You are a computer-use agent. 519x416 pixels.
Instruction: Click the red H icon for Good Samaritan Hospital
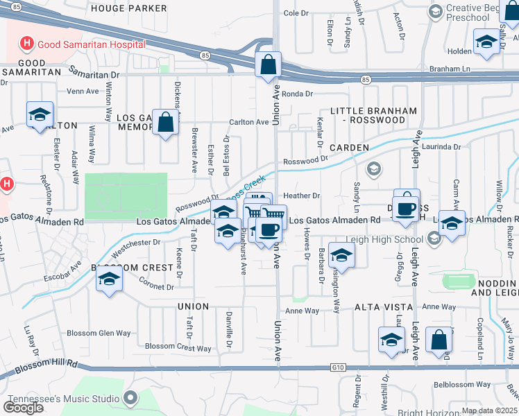27,44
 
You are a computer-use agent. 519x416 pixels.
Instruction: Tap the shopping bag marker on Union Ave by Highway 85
268,66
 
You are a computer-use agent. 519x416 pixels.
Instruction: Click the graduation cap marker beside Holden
486,42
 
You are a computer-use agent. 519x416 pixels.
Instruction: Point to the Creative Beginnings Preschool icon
435,12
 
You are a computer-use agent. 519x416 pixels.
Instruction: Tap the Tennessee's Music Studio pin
130,397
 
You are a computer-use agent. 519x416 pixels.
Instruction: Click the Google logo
23,408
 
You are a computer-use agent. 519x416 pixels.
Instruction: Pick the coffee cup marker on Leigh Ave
407,209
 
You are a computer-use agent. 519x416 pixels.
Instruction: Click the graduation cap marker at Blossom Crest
109,280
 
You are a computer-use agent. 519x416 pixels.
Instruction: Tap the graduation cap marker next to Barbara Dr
341,256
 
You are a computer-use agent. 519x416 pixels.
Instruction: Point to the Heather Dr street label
300,196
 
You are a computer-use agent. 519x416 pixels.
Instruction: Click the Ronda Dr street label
297,94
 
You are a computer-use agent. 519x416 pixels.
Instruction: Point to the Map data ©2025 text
489,410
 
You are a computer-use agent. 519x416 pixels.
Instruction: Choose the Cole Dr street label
296,13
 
